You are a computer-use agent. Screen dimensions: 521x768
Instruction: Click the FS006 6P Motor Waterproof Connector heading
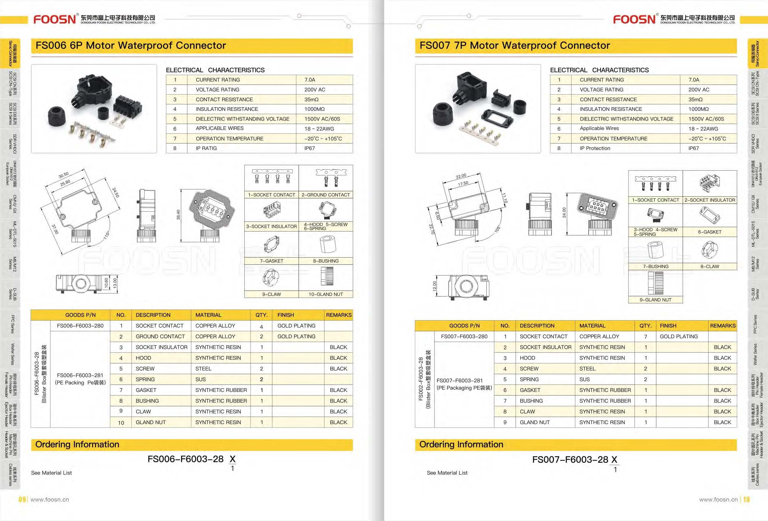click(131, 46)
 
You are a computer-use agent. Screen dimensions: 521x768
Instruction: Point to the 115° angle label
click(106, 235)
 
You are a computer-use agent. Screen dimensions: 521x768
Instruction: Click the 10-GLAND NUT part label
click(325, 294)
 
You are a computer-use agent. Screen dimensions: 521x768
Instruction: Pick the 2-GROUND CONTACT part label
click(325, 195)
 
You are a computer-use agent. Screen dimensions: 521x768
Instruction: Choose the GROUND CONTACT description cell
click(160, 336)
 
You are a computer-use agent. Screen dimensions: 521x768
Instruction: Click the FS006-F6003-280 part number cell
click(80, 326)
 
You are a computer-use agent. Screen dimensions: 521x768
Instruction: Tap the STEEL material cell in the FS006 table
click(203, 369)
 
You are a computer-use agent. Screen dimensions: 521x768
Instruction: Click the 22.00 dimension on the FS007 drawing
click(461, 176)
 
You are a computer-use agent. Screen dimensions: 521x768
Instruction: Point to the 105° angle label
click(498, 229)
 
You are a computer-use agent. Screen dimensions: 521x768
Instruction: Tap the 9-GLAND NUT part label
click(655, 300)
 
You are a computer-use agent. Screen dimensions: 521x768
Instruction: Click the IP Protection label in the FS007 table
click(595, 148)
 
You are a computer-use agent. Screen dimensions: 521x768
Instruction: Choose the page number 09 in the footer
click(22, 500)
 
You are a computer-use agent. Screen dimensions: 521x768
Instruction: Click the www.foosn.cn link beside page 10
click(718, 500)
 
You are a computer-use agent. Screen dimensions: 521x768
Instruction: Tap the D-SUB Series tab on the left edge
click(11, 294)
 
